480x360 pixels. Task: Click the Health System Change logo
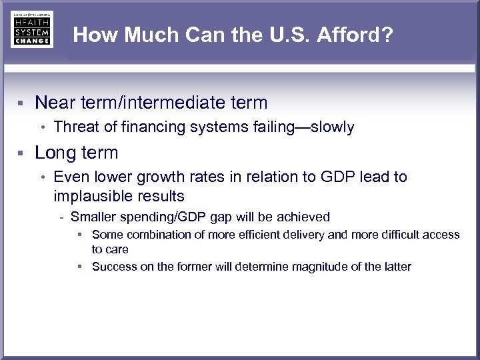pyautogui.click(x=31, y=29)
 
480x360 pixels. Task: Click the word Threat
pyautogui.click(x=75, y=127)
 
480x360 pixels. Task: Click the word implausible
pyautogui.click(x=93, y=196)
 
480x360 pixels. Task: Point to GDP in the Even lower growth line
pyautogui.click(x=334, y=177)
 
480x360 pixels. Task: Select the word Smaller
pyautogui.click(x=93, y=217)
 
